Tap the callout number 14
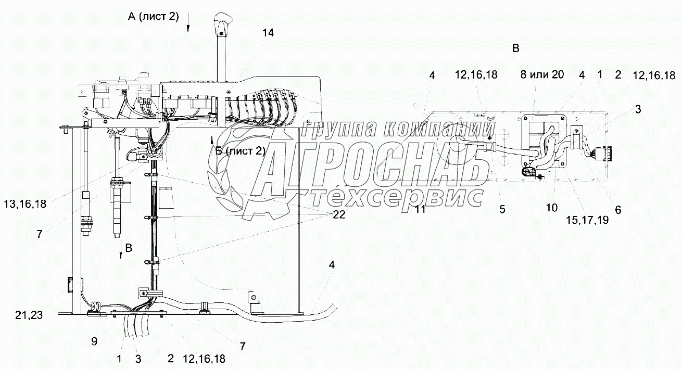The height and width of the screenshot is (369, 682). (x=268, y=33)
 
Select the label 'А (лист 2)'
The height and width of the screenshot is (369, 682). (x=153, y=16)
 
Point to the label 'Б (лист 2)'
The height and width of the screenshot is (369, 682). (x=240, y=151)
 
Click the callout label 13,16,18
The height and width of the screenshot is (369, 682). (x=25, y=204)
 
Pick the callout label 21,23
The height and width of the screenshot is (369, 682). (x=29, y=315)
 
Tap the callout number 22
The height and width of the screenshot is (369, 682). (x=339, y=214)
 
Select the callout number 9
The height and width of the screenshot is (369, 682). (x=94, y=341)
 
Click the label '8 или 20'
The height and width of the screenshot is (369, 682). (x=542, y=74)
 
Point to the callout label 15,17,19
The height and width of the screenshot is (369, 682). (x=587, y=220)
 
